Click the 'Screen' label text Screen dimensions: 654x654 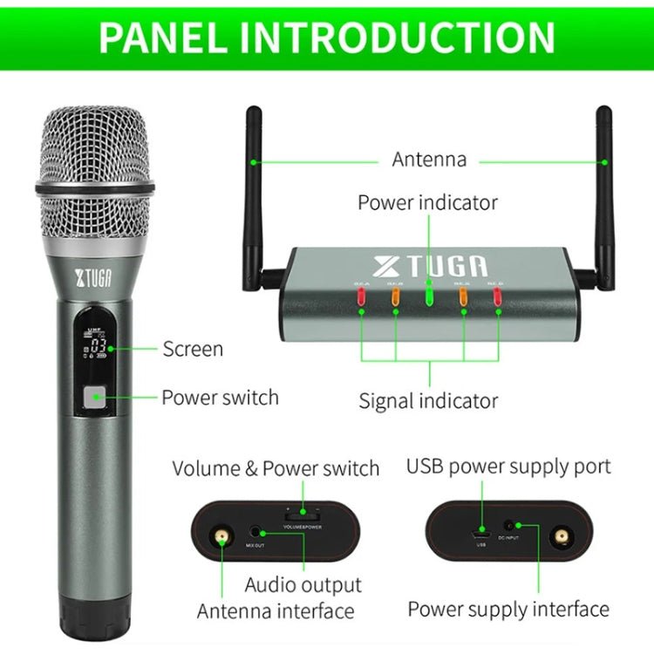[x=193, y=350]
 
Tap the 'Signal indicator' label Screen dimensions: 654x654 [x=428, y=401]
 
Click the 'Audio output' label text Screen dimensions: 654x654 [x=303, y=584]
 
